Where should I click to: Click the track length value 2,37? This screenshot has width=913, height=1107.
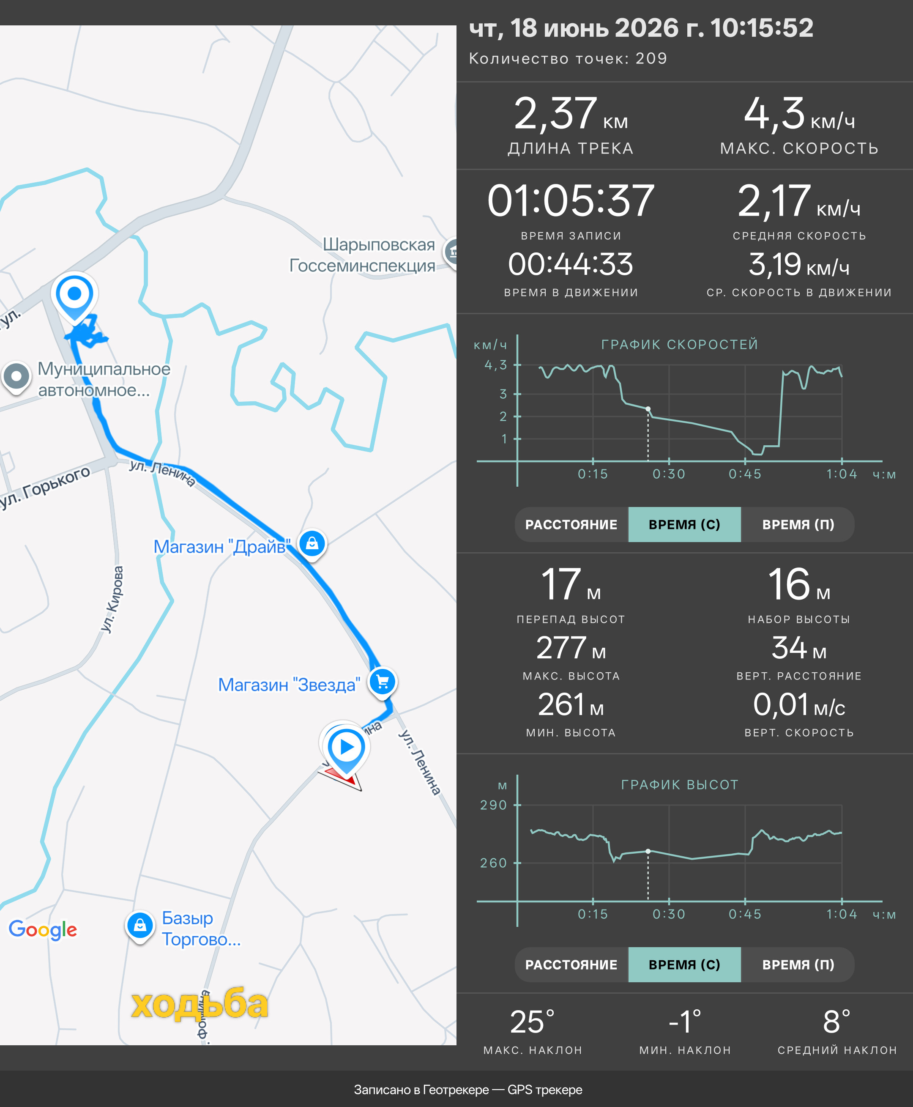[555, 114]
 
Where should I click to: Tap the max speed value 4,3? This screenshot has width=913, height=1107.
[774, 114]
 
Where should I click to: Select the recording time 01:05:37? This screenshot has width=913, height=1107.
[571, 201]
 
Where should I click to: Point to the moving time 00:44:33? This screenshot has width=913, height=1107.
[571, 264]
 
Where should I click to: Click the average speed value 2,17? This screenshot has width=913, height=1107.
[774, 201]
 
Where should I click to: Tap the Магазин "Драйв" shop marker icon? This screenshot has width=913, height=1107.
[312, 543]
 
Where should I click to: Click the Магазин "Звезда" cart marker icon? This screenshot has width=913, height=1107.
[383, 682]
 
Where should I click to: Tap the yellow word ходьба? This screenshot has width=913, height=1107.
[200, 1004]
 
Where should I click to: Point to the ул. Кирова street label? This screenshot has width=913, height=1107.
[112, 599]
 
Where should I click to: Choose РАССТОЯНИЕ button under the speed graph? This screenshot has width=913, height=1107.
[571, 525]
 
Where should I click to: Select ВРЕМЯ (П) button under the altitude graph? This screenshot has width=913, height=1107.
[798, 965]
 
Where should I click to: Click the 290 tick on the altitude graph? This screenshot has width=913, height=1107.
[493, 805]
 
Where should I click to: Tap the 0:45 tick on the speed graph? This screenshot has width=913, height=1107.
[745, 474]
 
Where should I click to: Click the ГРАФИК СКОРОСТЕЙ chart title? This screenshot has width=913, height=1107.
[680, 345]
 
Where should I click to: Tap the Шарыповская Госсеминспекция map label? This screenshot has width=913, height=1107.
[362, 255]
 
